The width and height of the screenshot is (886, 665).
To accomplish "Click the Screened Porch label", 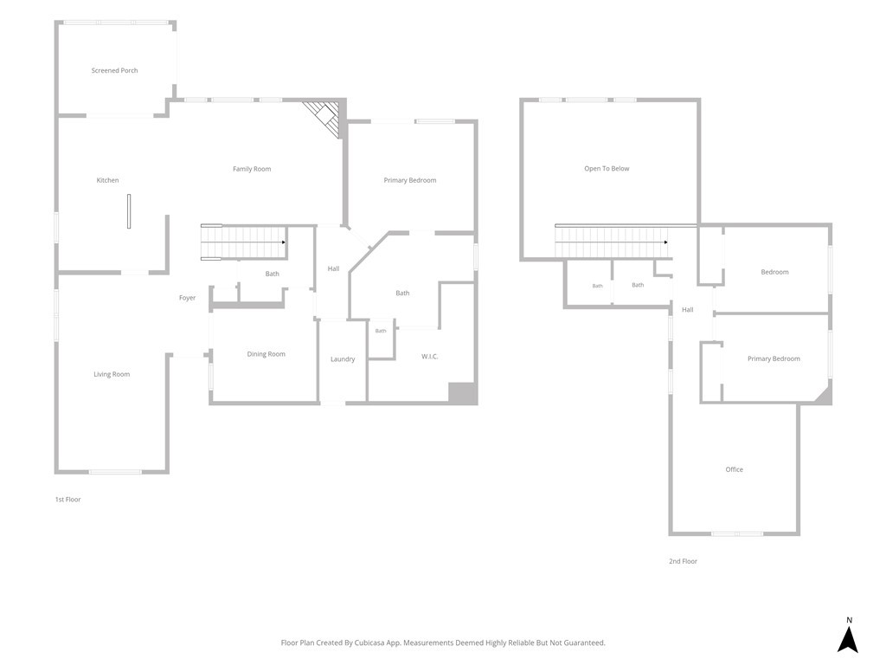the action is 115,71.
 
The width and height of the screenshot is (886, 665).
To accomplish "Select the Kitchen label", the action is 107,180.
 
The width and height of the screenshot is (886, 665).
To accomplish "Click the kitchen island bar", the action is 129,211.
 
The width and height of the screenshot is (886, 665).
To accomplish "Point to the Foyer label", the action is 187,298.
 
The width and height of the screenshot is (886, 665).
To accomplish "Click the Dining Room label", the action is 266,354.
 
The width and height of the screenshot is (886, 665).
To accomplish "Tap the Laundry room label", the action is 343,359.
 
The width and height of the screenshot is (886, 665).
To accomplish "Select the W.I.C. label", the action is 429,356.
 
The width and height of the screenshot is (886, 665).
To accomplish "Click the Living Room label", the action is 112,374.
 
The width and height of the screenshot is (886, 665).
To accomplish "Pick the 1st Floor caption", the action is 67,500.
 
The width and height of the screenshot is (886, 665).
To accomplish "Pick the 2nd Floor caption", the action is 684,561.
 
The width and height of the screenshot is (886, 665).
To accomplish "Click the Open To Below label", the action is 607,169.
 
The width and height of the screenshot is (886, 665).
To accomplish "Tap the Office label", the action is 734,469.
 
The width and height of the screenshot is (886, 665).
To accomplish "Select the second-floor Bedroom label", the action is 774,272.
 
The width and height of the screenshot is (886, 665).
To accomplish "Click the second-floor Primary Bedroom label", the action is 774,358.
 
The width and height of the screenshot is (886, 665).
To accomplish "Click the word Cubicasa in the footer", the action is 370,642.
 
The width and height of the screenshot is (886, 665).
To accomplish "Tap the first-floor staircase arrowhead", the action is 284,242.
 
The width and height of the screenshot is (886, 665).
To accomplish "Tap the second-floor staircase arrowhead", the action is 666,242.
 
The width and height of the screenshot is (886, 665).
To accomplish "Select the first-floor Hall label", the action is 333,268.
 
